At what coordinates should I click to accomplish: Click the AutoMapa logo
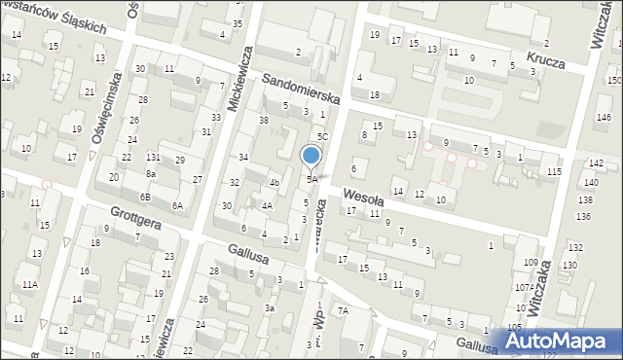tap(558, 342)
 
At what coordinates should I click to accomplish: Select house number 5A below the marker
tap(311, 180)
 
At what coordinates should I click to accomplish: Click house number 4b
tap(275, 182)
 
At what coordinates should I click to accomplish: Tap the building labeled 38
tap(263, 121)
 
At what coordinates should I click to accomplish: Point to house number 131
tap(153, 157)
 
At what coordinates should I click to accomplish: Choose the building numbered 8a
tap(151, 173)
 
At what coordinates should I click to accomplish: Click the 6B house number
tap(145, 197)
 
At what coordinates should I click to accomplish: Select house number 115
tap(554, 172)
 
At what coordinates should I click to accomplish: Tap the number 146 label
tap(603, 117)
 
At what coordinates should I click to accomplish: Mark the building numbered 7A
tap(342, 310)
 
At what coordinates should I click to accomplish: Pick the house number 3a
tap(270, 307)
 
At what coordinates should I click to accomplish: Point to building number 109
tap(531, 263)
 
